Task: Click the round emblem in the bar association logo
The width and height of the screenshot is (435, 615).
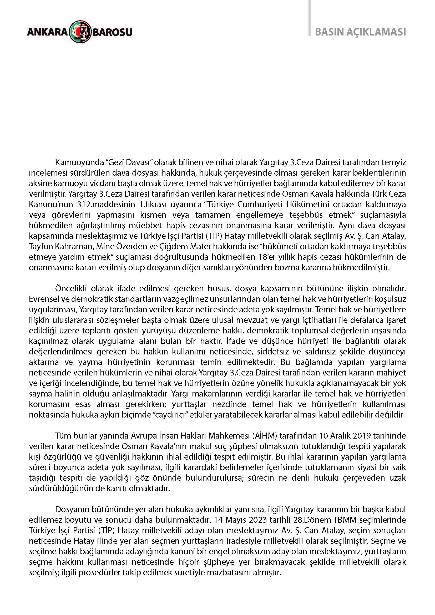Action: pos(80,32)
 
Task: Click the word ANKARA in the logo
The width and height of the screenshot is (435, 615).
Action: pos(47,32)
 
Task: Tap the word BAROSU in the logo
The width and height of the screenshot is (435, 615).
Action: pos(113,32)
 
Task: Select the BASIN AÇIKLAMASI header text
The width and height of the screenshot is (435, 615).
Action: pos(360,32)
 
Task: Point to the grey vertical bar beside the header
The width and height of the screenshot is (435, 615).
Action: pos(310,18)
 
